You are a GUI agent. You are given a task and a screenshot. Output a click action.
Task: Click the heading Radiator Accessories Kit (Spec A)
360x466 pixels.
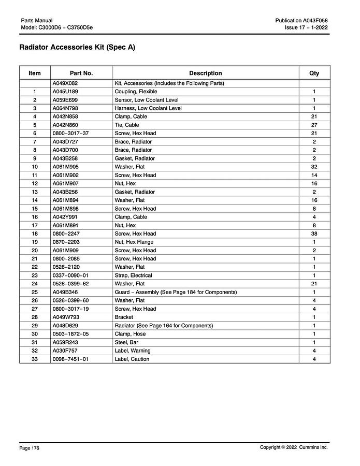tap(77, 48)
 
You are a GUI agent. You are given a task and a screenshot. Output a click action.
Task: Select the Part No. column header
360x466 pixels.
tap(81, 74)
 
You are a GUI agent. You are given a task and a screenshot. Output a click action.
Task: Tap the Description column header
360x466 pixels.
tap(205, 74)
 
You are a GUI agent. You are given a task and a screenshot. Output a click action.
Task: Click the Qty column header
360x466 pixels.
tap(314, 74)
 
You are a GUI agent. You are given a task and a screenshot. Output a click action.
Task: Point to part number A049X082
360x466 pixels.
tap(65, 83)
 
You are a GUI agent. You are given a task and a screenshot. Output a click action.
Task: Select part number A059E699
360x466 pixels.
tap(65, 100)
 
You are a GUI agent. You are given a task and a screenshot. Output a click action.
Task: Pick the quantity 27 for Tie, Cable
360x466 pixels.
tap(314, 125)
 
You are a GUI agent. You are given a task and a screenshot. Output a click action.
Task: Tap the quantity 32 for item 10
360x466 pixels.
tap(314, 167)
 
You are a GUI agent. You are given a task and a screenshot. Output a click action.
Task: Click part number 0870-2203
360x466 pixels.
tap(66, 242)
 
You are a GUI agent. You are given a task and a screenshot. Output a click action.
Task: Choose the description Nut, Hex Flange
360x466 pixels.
tap(134, 242)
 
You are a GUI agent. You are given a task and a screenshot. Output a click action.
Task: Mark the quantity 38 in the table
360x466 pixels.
tap(314, 234)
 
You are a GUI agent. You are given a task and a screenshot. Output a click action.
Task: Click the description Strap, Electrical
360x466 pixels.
tap(133, 275)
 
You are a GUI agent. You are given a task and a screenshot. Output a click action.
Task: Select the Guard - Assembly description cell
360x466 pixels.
tap(176, 292)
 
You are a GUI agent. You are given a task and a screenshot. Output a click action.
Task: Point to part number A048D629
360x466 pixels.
tap(65, 326)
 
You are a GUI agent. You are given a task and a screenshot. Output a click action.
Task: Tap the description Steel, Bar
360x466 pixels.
tap(127, 342)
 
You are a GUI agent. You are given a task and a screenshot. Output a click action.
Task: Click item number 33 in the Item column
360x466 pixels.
tap(35, 359)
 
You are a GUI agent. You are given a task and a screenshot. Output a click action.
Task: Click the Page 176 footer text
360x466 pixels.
tap(29, 448)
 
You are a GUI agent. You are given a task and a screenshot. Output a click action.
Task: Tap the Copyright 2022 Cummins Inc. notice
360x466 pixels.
tap(294, 447)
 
